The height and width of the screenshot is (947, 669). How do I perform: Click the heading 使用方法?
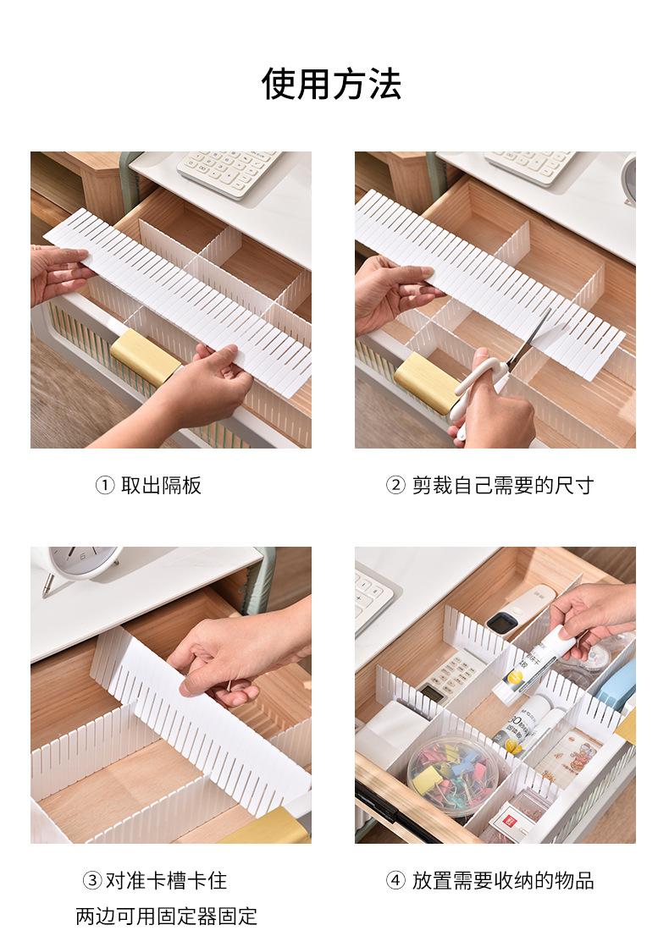tap(331, 83)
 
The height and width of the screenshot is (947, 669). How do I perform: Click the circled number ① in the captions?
tap(104, 486)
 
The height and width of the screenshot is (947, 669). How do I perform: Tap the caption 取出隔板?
tap(161, 486)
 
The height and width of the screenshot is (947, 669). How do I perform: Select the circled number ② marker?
tap(395, 486)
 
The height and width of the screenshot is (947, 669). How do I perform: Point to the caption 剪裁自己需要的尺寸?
tap(503, 486)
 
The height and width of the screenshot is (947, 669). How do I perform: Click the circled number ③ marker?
tap(91, 880)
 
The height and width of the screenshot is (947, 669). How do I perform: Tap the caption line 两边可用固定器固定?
tap(167, 916)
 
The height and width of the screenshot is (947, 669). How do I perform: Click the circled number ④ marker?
tap(395, 880)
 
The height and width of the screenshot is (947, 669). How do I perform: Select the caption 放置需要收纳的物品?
tap(503, 880)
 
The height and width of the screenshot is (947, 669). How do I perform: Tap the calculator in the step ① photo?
tap(229, 171)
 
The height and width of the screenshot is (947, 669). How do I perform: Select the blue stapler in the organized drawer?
tap(616, 685)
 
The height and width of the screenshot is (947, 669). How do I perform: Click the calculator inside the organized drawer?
tap(447, 676)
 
